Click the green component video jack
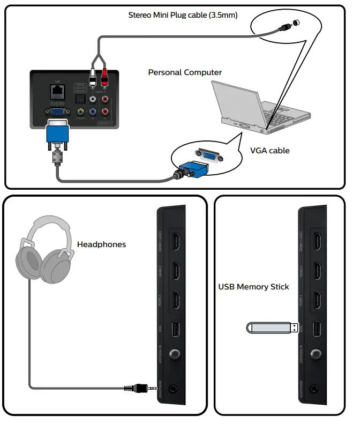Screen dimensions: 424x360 click(x=81, y=113)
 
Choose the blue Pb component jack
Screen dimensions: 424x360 click(x=93, y=113)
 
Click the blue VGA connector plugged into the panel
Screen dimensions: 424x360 click(x=57, y=132)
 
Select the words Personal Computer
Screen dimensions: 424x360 click(x=185, y=72)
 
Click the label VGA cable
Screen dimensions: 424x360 click(x=270, y=151)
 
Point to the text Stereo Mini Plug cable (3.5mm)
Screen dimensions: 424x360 click(x=190, y=16)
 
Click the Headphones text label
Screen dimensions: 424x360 click(x=102, y=244)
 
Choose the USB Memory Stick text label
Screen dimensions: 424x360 click(x=253, y=287)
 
